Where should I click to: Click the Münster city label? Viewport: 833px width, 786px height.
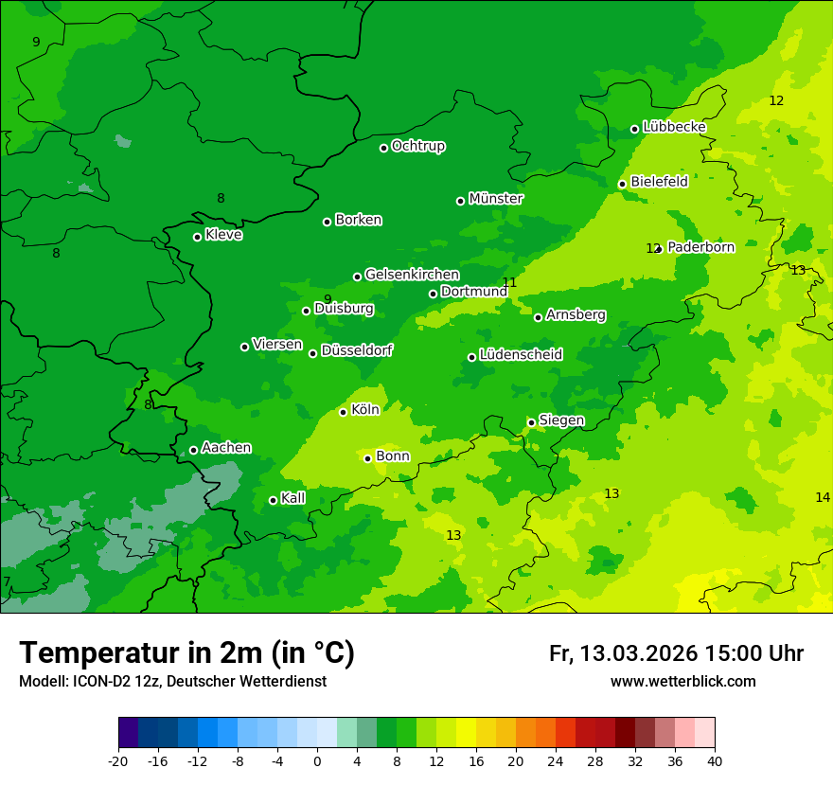click(495, 199)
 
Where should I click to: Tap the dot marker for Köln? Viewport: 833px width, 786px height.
click(343, 412)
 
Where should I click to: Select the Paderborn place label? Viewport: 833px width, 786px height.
click(700, 247)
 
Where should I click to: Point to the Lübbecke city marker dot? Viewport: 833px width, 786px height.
click(634, 129)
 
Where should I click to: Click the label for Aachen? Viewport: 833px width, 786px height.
click(226, 448)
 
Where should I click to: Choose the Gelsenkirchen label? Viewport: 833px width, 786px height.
click(412, 275)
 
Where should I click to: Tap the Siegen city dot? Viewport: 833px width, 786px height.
click(531, 422)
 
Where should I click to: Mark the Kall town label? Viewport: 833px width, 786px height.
click(292, 498)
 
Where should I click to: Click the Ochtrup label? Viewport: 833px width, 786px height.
click(417, 146)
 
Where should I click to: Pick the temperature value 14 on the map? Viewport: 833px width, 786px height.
click(823, 497)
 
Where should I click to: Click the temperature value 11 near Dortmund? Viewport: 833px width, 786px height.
click(509, 282)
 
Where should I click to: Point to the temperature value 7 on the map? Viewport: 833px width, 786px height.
click(7, 581)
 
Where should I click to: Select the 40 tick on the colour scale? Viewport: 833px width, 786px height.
click(715, 760)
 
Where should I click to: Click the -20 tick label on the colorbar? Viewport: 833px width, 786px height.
click(118, 760)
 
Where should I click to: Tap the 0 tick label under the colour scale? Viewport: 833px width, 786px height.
click(317, 760)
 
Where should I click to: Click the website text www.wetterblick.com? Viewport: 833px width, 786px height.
click(682, 681)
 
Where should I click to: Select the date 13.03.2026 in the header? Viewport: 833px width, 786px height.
click(638, 653)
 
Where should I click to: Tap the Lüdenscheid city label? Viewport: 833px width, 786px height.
click(521, 355)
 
